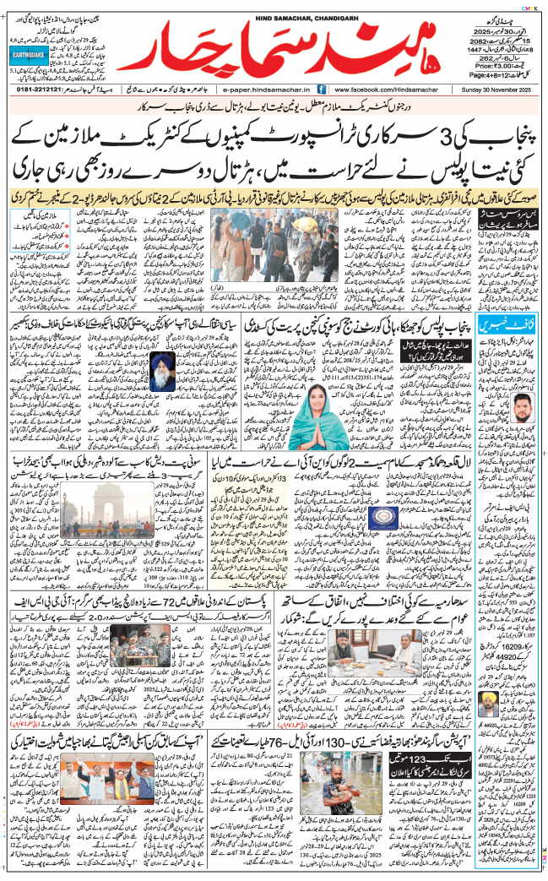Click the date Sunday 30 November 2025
493,87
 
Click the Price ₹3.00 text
493,63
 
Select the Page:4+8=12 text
493,75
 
